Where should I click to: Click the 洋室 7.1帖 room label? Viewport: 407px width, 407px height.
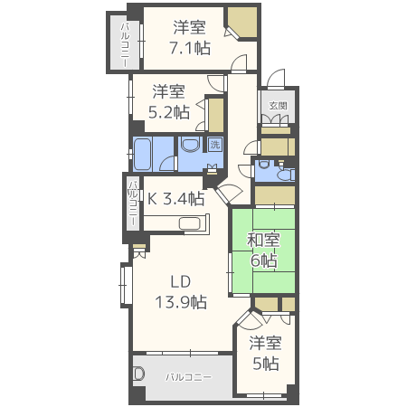coord(190,38)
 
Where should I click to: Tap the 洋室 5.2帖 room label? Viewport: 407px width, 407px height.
coord(169,101)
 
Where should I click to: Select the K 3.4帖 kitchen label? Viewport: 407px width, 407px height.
coord(175,199)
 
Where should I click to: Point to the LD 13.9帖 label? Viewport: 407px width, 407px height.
coord(181,291)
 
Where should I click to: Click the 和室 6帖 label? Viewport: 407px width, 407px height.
coord(263,251)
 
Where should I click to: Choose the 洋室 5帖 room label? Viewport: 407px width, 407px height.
coord(265,353)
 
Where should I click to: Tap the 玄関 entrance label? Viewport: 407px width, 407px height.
coord(278,106)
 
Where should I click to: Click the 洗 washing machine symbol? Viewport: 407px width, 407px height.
coord(215,145)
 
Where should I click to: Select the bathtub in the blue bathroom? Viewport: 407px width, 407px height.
coord(142,154)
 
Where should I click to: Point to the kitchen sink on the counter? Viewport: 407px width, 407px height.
coord(189,223)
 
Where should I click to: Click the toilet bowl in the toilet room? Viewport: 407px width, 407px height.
coord(286,175)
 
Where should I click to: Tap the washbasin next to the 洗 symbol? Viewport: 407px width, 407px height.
coord(191,145)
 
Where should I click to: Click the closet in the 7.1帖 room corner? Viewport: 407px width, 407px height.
coord(242,23)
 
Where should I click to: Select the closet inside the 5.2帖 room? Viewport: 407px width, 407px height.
coord(216,115)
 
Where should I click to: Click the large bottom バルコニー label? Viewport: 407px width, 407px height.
coord(188,377)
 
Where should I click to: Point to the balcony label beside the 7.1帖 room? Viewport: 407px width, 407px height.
coord(125,44)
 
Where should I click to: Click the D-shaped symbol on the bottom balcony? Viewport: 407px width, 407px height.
coord(139,374)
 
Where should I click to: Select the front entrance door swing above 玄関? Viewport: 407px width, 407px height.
coord(276,79)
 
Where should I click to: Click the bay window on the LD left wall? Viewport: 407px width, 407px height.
coord(127,285)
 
